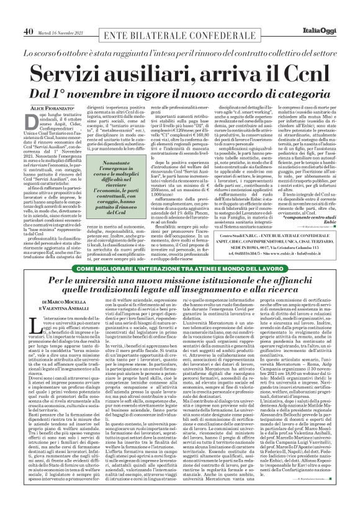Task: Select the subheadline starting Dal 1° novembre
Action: pos(179,76)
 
